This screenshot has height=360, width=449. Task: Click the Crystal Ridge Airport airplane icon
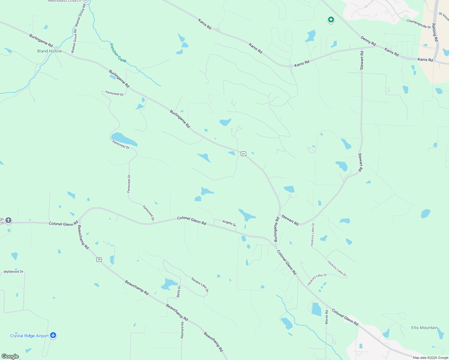[53, 335]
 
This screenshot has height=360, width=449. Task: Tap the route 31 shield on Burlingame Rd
[243, 154]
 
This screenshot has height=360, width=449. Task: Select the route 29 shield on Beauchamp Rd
[99, 259]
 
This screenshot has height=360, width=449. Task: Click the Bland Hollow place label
[50, 51]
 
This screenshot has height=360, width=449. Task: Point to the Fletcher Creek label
[118, 53]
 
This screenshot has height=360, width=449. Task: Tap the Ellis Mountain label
[424, 328]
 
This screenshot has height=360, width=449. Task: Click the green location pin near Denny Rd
[331, 20]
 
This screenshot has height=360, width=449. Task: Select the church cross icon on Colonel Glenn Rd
[8, 220]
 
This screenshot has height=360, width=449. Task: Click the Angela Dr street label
[229, 223]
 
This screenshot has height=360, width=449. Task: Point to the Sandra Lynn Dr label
[200, 284]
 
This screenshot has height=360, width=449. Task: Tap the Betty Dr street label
[179, 291]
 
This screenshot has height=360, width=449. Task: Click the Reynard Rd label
[182, 330]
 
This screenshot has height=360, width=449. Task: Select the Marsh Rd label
[327, 317]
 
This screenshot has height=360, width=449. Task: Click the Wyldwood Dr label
[14, 271]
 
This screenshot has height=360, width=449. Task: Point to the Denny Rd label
[368, 41]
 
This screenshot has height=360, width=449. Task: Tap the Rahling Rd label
[435, 32]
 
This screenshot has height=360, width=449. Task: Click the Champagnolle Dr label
[419, 24]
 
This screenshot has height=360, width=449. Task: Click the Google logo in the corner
[10, 356]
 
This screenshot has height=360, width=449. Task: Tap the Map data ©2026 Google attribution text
[430, 357]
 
